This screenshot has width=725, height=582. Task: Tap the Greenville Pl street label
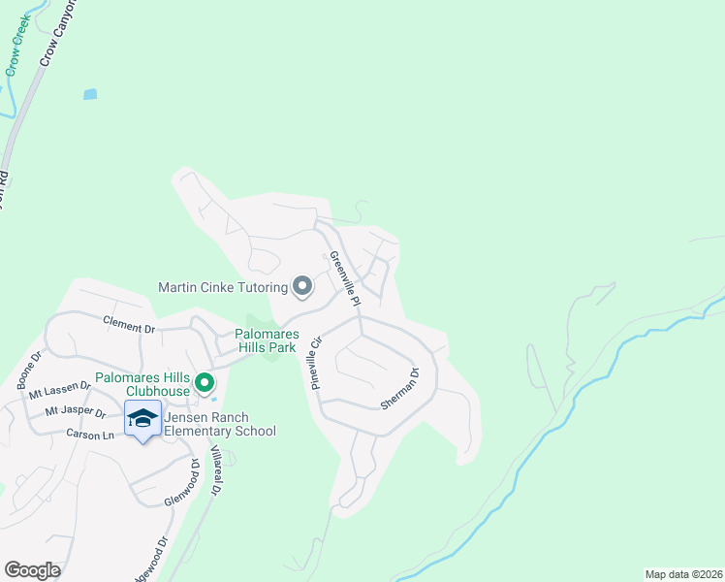345,279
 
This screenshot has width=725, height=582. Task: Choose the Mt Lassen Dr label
60,390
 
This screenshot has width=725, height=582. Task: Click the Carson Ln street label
92,436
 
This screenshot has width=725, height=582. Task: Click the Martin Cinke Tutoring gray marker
302,286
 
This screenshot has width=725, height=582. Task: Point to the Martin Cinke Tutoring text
224,287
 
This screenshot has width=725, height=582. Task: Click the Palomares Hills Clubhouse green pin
205,383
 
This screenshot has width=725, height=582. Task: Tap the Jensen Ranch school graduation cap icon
142,418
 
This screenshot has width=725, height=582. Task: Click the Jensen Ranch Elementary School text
219,425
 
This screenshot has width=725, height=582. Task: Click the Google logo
32,570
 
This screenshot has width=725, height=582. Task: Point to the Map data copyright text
683,574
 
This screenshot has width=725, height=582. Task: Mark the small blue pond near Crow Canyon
90,94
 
